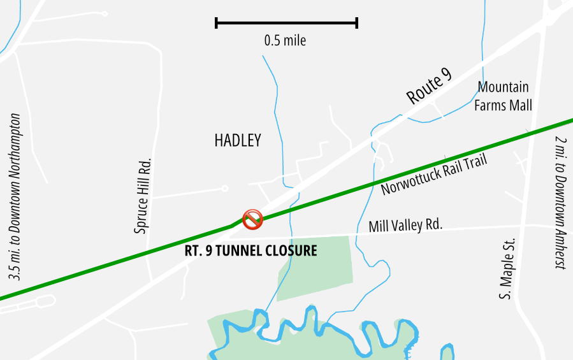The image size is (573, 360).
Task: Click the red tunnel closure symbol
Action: pyautogui.click(x=253, y=219)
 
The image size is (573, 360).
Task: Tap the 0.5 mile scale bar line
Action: pyautogui.click(x=287, y=24)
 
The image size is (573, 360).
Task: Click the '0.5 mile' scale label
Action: pyautogui.click(x=285, y=41)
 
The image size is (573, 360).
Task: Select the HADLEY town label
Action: pyautogui.click(x=238, y=141)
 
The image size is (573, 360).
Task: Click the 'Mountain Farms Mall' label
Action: pyautogui.click(x=504, y=96)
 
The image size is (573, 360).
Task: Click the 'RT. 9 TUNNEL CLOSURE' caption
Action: pyautogui.click(x=250, y=250)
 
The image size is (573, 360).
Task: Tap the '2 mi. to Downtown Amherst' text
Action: pyautogui.click(x=560, y=203)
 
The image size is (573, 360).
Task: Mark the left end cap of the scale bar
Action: pyautogui.click(x=217, y=24)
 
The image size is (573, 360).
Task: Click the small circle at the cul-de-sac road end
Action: pyautogui.click(x=224, y=188)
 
